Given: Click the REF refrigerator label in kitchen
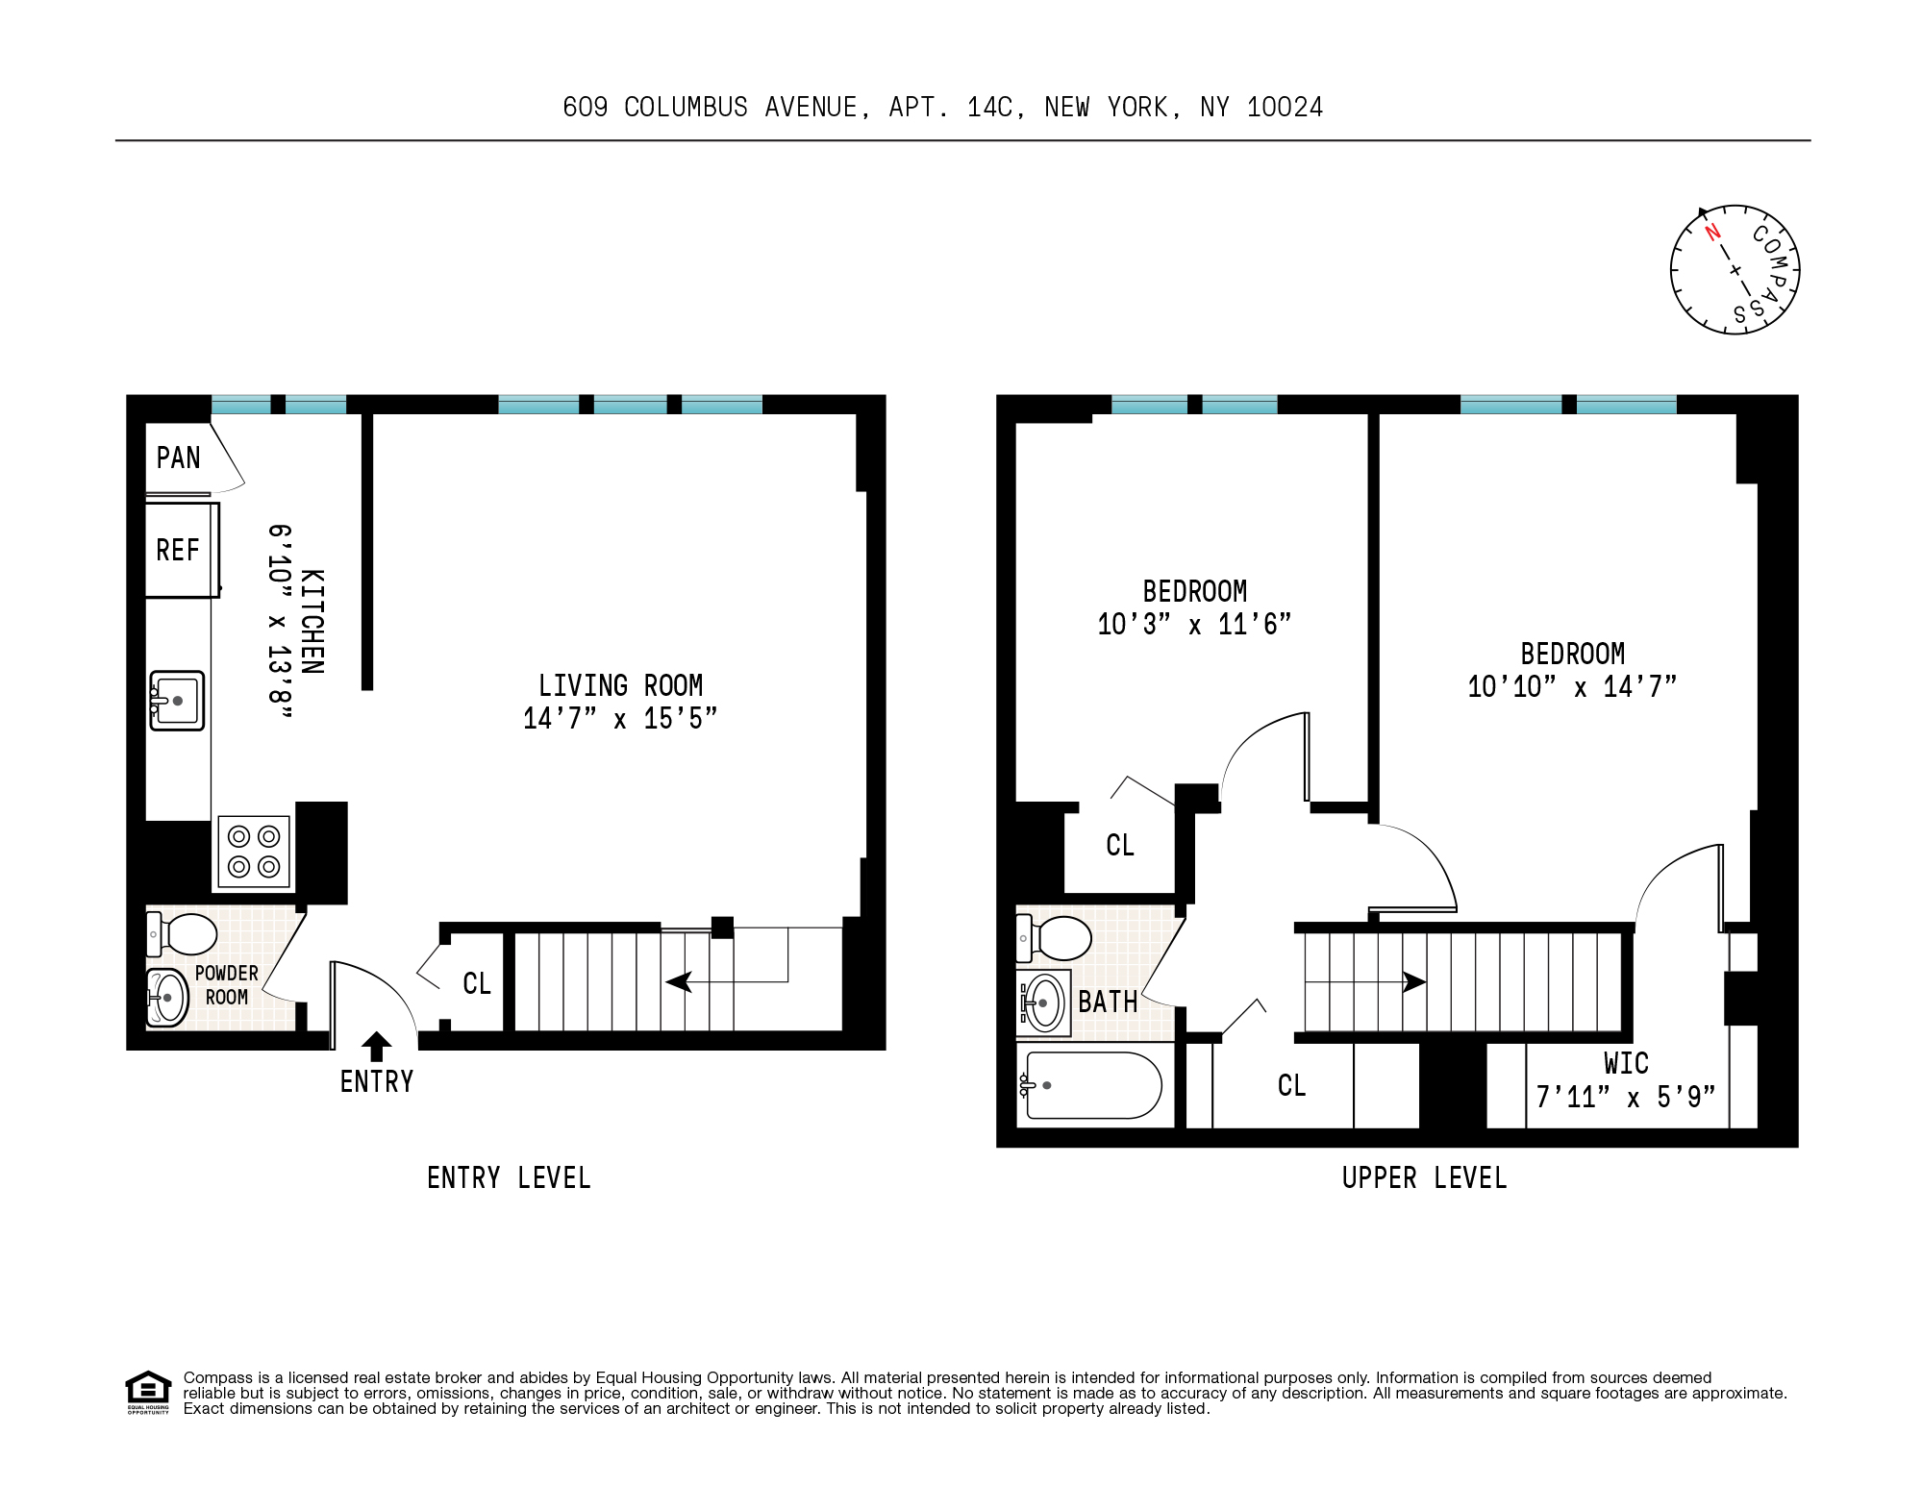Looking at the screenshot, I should pyautogui.click(x=178, y=550).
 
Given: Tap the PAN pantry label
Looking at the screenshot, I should pyautogui.click(x=179, y=458).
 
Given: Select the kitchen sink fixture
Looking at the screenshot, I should pyautogui.click(x=177, y=701).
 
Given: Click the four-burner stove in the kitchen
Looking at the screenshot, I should pyautogui.click(x=254, y=852).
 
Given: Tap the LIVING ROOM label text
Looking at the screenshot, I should pyautogui.click(x=620, y=685).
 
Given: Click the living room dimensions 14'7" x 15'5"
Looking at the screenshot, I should pyautogui.click(x=620, y=719).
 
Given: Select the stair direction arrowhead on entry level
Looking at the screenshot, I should pyautogui.click(x=679, y=981).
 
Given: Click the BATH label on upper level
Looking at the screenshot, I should pyautogui.click(x=1108, y=1002).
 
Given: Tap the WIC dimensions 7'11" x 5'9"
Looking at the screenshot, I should pyautogui.click(x=1626, y=1097).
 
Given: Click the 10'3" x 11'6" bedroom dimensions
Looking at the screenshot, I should pyautogui.click(x=1194, y=625).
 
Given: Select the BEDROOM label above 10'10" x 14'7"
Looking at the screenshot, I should pyautogui.click(x=1572, y=654).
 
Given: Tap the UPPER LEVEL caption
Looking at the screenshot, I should pyautogui.click(x=1424, y=1177).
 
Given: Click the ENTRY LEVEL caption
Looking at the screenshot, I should pyautogui.click(x=509, y=1177).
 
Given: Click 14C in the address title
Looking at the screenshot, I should pyautogui.click(x=990, y=108).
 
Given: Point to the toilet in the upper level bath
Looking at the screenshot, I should pyautogui.click(x=1055, y=938).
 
